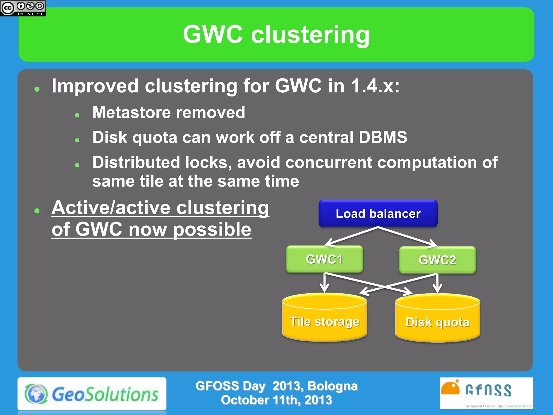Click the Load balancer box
tap(378, 213)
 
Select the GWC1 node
tap(324, 259)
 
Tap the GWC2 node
tap(437, 260)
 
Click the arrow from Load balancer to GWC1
tap(351, 236)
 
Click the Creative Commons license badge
tap(23, 8)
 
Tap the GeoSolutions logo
tap(92, 394)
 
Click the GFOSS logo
tap(486, 393)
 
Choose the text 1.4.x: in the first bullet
tap(375, 86)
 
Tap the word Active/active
tap(111, 208)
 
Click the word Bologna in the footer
tap(332, 386)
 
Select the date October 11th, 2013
tap(276, 400)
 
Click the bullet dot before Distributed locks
tap(77, 165)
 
